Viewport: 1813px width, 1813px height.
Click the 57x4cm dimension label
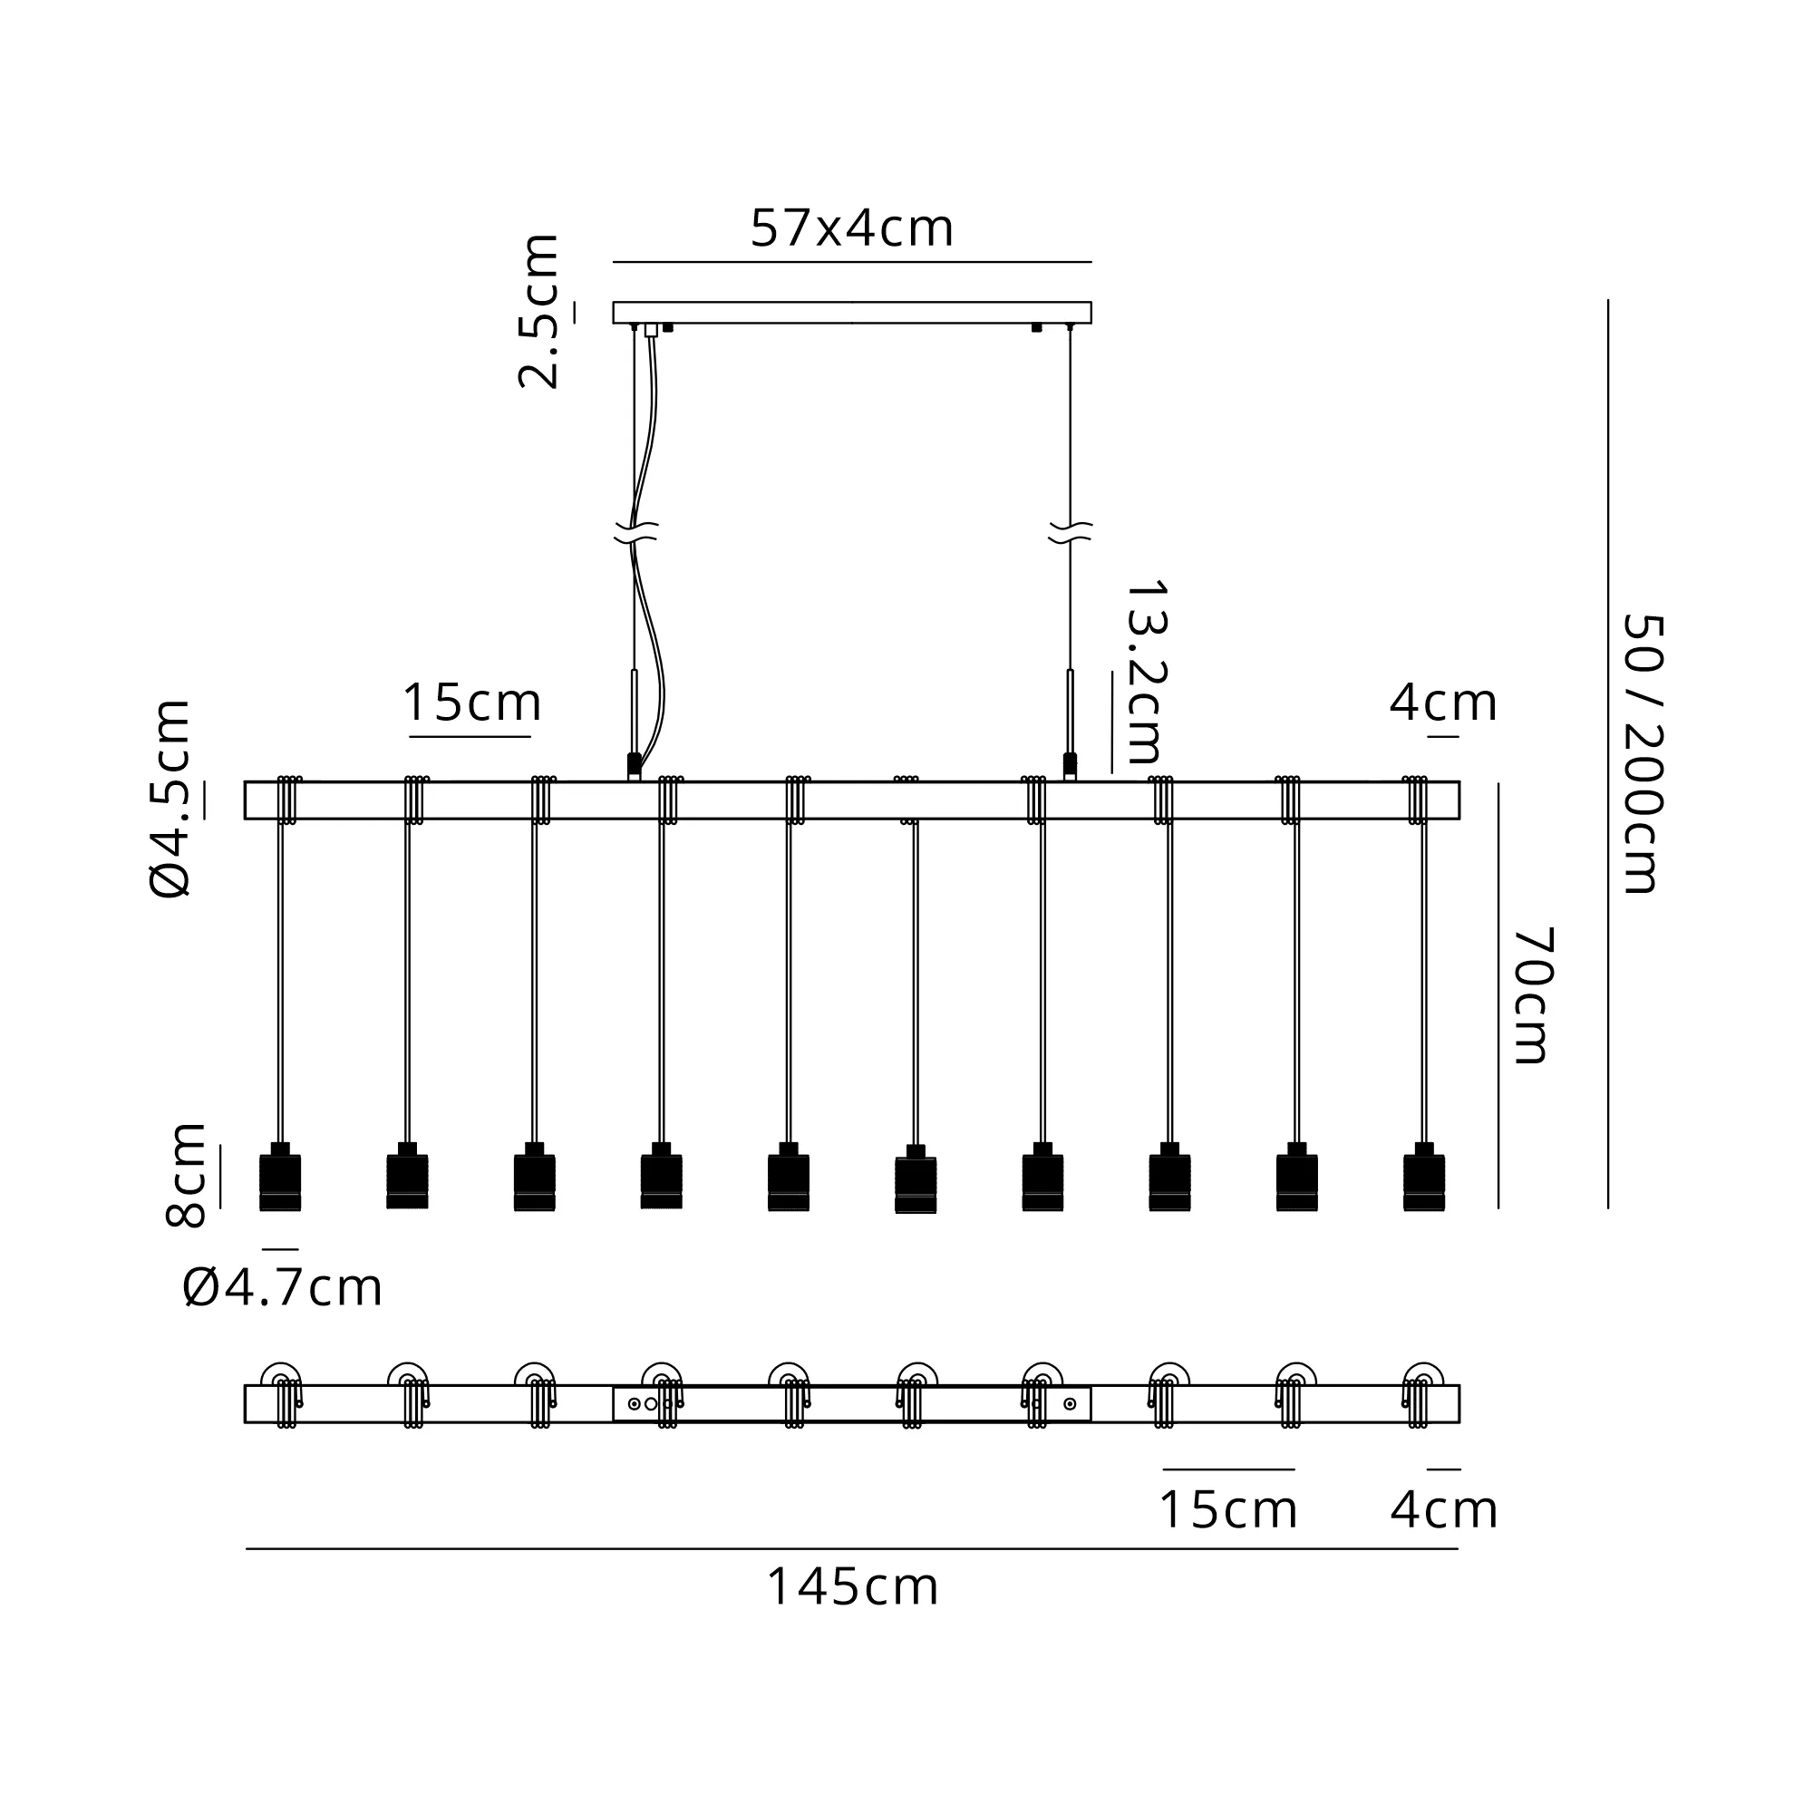[x=852, y=228]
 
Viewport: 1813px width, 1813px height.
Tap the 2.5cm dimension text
[x=539, y=312]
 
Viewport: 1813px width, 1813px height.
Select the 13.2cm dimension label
[x=1146, y=672]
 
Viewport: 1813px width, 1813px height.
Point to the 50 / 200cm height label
[x=1643, y=753]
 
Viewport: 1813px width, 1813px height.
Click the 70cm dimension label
[x=1531, y=995]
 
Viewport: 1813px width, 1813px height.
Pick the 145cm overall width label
[x=852, y=1588]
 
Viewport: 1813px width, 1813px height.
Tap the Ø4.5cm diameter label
[x=170, y=799]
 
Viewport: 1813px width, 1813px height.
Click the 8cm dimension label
[x=185, y=1174]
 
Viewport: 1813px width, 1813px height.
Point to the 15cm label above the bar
[x=472, y=702]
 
